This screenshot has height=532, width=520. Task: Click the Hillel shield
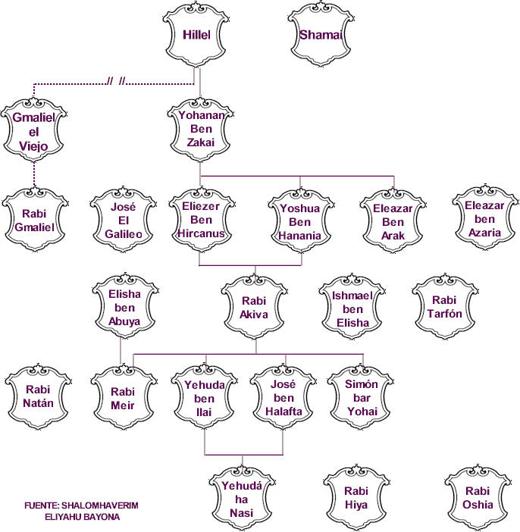[196, 35]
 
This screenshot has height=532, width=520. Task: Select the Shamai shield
[321, 35]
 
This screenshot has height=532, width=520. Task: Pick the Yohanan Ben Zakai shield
[200, 130]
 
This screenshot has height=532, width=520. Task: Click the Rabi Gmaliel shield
[35, 220]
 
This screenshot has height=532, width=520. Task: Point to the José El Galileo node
[124, 220]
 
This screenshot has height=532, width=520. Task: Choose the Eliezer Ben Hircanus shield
[202, 220]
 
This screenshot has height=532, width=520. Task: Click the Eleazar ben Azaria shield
[485, 218]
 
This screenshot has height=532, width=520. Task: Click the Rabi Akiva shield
[254, 308]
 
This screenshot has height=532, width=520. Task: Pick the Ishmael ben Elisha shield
[352, 308]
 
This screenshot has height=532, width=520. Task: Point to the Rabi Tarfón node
[445, 306]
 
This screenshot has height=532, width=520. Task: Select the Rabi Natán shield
[38, 396]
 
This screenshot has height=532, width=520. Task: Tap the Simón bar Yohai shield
[361, 397]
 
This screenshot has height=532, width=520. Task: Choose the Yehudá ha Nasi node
[242, 499]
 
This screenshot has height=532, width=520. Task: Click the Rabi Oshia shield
[478, 498]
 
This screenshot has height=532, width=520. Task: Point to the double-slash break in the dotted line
[116, 81]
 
